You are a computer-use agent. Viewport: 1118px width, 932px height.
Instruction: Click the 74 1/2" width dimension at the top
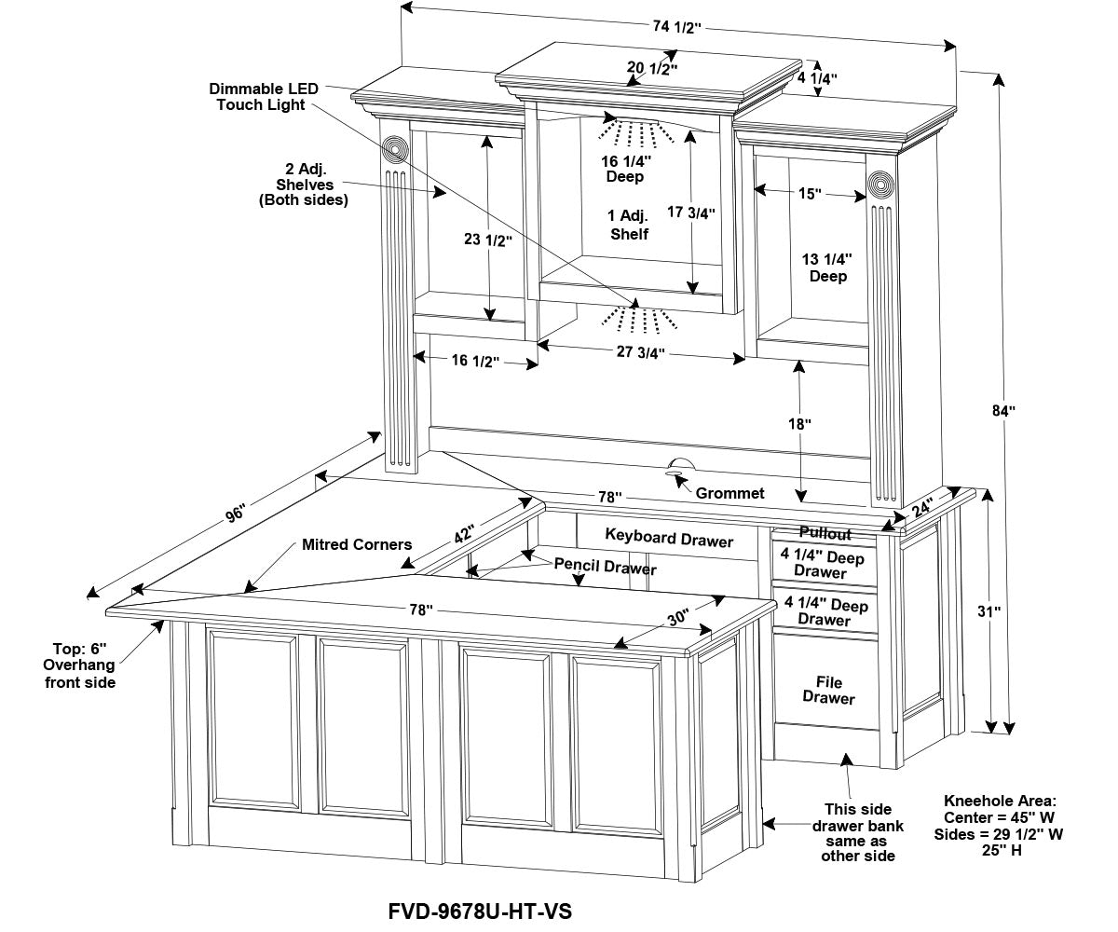pyautogui.click(x=675, y=27)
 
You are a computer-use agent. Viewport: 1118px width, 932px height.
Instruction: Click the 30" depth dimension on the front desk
pyautogui.click(x=677, y=618)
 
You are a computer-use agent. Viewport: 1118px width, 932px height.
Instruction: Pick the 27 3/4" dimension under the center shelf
pyautogui.click(x=639, y=352)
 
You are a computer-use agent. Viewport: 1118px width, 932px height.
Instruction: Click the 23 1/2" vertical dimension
pyautogui.click(x=488, y=240)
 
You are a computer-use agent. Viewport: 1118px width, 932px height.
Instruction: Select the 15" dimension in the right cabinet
pyautogui.click(x=809, y=194)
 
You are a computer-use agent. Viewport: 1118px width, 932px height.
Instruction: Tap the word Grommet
pyautogui.click(x=730, y=493)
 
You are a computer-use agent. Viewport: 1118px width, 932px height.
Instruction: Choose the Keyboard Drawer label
pyautogui.click(x=669, y=539)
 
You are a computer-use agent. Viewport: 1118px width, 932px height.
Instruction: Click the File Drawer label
pyautogui.click(x=828, y=691)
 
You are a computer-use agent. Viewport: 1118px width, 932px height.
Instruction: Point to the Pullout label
pyautogui.click(x=825, y=534)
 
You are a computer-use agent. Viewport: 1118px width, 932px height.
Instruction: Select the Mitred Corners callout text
pyautogui.click(x=356, y=544)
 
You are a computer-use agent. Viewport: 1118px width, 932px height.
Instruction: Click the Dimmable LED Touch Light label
pyautogui.click(x=264, y=97)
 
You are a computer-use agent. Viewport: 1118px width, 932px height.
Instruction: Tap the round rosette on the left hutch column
pyautogui.click(x=395, y=149)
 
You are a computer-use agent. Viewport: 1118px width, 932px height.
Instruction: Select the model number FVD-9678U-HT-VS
pyautogui.click(x=480, y=911)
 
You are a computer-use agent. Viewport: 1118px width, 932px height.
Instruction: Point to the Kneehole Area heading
pyautogui.click(x=1000, y=801)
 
